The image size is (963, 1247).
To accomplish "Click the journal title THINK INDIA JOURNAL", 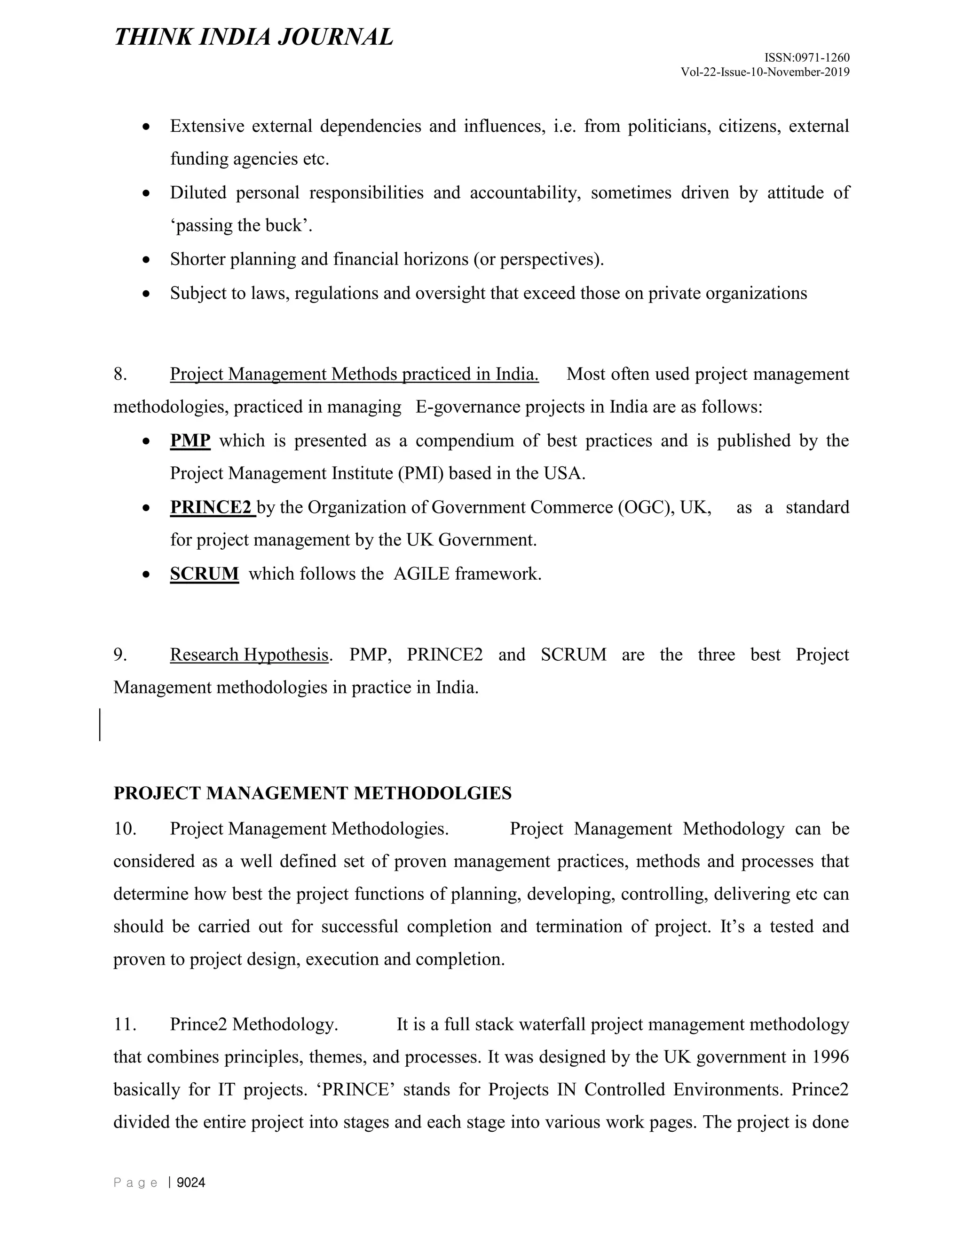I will click(x=253, y=37).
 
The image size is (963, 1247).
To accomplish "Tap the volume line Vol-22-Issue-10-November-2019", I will click(x=765, y=72).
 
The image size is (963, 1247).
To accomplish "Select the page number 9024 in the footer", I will click(x=190, y=1183).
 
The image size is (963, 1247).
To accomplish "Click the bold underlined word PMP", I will click(x=190, y=441).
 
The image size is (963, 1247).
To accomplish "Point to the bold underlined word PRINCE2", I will click(x=211, y=508).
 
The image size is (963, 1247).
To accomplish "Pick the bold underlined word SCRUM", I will click(x=204, y=574).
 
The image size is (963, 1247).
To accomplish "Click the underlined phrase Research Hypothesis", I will click(x=249, y=655).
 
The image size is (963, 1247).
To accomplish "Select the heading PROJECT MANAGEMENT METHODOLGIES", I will click(x=312, y=793).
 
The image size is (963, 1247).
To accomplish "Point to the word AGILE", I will click(x=422, y=574).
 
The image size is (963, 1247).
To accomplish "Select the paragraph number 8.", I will click(x=120, y=375).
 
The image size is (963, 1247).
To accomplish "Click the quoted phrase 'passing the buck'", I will click(x=241, y=226).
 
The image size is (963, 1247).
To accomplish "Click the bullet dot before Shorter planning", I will click(x=147, y=260).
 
